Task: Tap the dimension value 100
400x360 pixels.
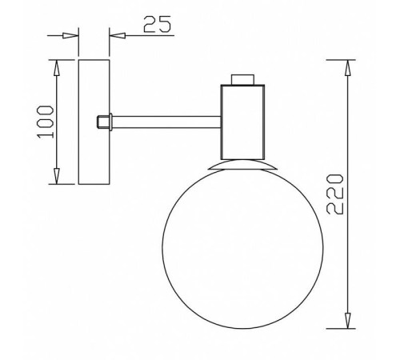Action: coord(46,122)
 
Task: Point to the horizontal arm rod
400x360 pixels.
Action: coord(168,122)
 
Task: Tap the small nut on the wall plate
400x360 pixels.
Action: coord(102,122)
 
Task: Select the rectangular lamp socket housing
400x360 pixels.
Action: coord(242,120)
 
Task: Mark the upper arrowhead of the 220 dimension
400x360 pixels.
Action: coord(348,67)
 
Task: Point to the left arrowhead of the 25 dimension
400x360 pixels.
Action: coord(72,35)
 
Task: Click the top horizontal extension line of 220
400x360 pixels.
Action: coord(340,59)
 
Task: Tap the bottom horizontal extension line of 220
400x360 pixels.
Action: coord(340,328)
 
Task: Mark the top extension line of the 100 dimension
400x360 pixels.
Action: coord(62,58)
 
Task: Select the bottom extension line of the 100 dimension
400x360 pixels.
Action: coord(62,185)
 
